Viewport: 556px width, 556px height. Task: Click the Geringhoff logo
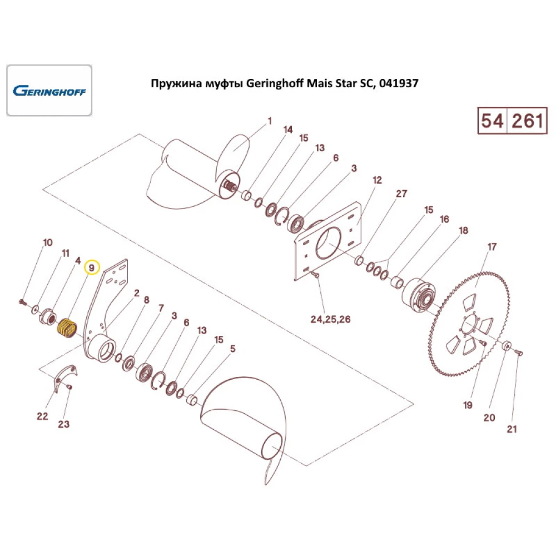click(x=49, y=91)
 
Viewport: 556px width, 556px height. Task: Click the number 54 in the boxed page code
click(x=493, y=121)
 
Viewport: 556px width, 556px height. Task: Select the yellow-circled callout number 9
click(x=92, y=268)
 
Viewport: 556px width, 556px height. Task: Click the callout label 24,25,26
click(x=331, y=320)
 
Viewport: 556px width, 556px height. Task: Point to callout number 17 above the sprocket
click(x=492, y=246)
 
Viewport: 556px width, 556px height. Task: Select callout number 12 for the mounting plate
click(x=377, y=181)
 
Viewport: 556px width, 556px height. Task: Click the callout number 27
click(x=401, y=194)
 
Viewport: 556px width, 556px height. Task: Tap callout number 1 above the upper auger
click(x=270, y=121)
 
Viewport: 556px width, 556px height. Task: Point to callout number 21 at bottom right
click(x=512, y=429)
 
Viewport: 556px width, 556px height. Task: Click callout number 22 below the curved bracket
click(x=43, y=416)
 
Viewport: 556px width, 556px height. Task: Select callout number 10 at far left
click(x=48, y=243)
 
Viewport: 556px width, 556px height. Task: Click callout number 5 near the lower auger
click(x=233, y=349)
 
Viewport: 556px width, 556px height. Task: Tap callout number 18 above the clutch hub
click(x=463, y=230)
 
